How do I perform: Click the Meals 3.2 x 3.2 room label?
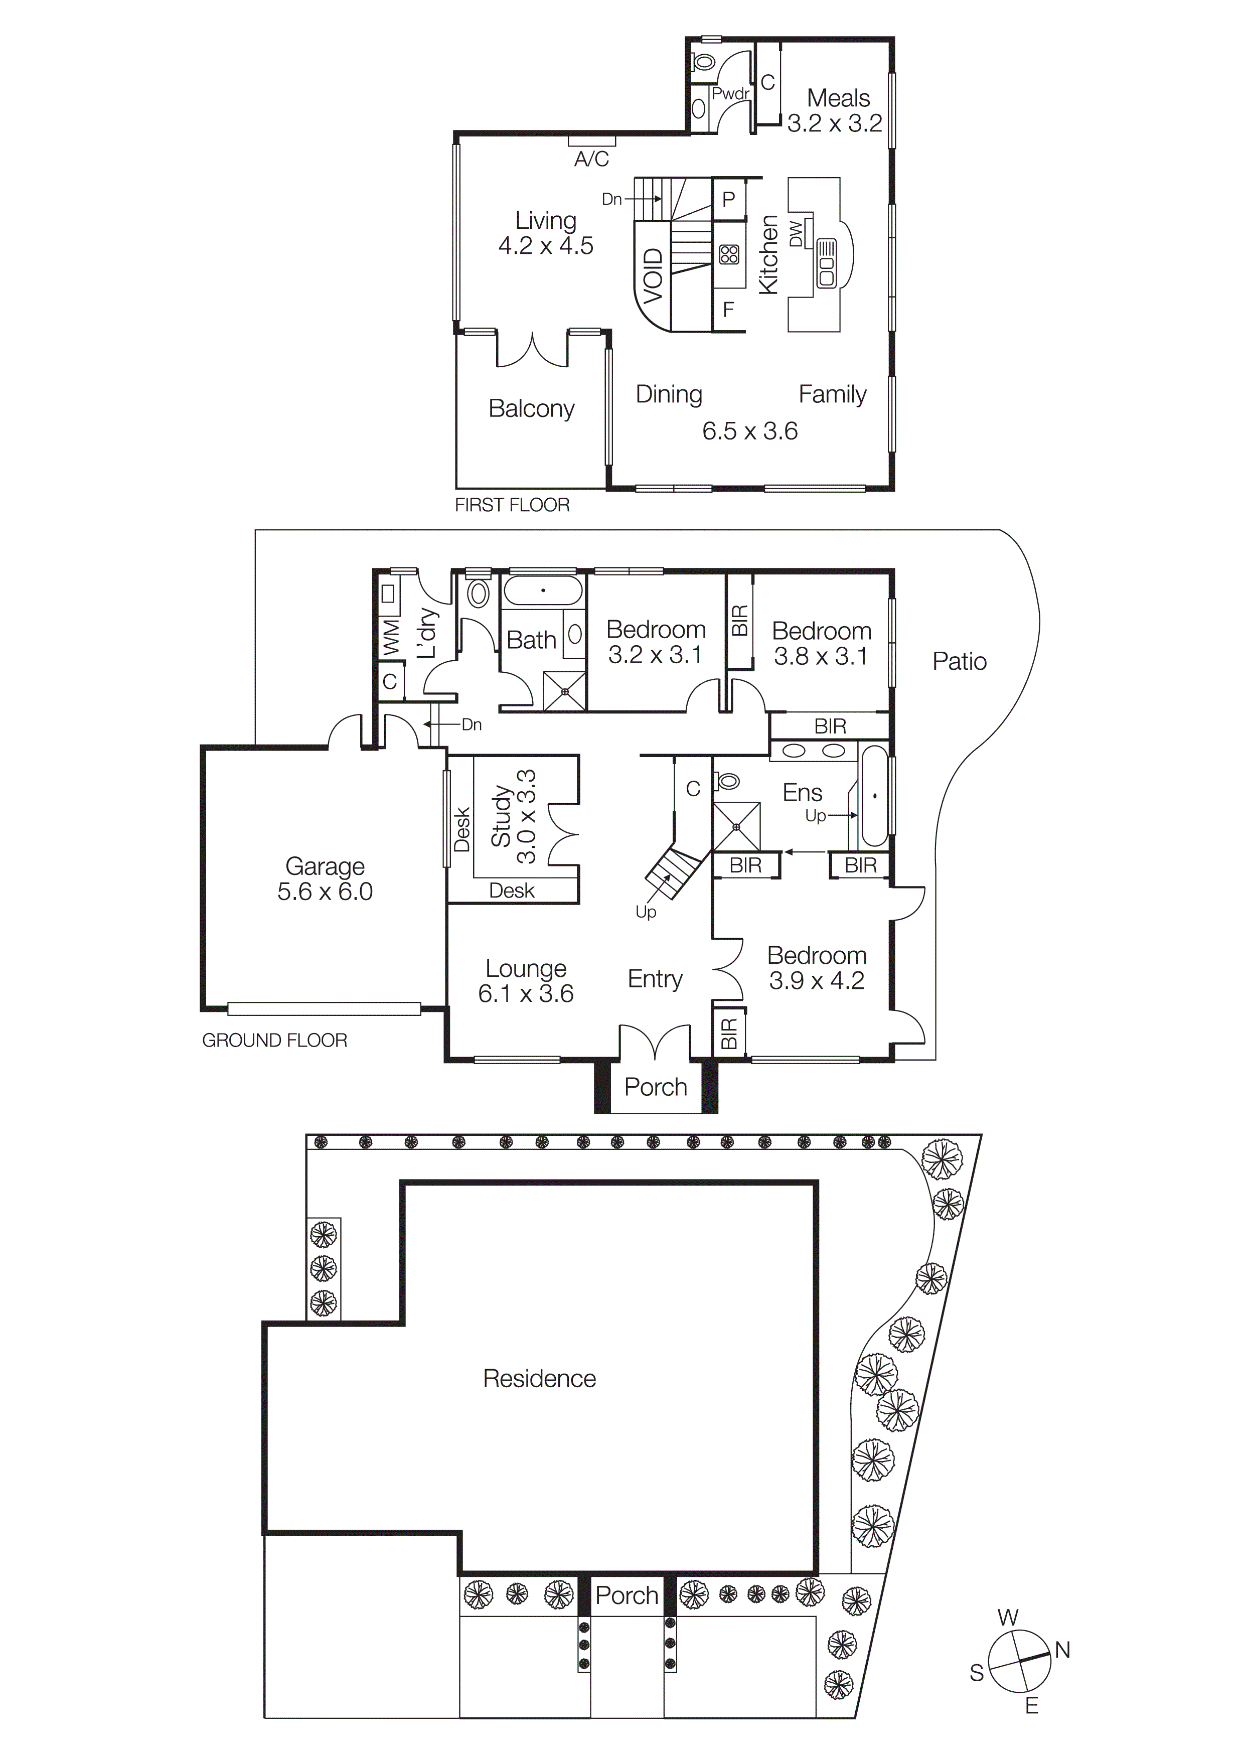[x=836, y=110]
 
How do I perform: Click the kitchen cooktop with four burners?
[x=729, y=254]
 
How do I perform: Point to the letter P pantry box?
[x=728, y=199]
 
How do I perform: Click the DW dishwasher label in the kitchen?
[x=796, y=234]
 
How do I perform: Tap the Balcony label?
[x=531, y=408]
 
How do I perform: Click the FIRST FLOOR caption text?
[x=512, y=505]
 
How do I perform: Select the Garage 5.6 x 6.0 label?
[x=325, y=878]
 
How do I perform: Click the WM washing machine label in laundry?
[x=391, y=637]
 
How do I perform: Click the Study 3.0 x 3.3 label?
[x=514, y=817]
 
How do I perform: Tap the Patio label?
[x=959, y=662]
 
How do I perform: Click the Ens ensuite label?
[x=802, y=792]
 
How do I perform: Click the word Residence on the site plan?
[x=539, y=1378]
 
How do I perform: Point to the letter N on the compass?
[x=1062, y=1651]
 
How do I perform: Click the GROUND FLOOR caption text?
[x=274, y=1040]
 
